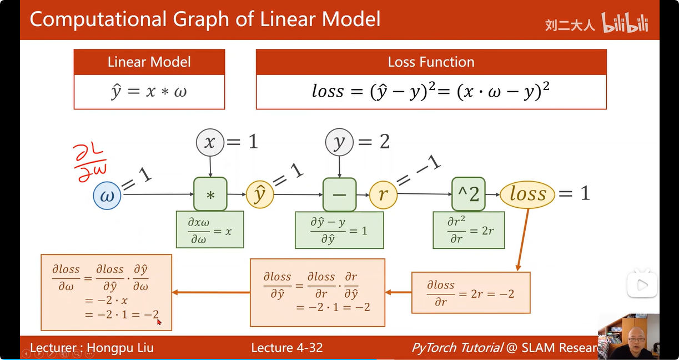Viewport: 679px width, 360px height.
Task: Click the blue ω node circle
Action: (x=107, y=196)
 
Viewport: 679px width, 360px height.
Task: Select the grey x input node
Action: (x=209, y=143)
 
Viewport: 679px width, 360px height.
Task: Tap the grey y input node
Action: (x=339, y=143)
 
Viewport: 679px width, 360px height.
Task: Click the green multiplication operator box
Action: (x=210, y=194)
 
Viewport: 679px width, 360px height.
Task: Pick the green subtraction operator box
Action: (x=339, y=194)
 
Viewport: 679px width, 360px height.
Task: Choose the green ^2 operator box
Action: (x=468, y=194)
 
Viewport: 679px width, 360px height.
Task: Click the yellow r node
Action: (x=383, y=195)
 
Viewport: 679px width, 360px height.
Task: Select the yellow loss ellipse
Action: (x=527, y=194)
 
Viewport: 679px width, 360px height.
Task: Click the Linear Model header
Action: (x=149, y=62)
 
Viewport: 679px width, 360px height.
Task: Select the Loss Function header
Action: (x=431, y=62)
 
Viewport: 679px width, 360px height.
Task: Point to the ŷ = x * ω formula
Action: (x=149, y=92)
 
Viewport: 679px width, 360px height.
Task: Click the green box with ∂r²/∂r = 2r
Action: (x=469, y=230)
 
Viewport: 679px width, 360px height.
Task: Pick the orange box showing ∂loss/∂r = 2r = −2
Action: (x=470, y=292)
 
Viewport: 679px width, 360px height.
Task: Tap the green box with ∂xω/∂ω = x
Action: (x=210, y=229)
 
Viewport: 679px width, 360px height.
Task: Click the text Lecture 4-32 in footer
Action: (x=286, y=348)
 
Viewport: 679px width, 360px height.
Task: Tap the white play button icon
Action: (x=642, y=285)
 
